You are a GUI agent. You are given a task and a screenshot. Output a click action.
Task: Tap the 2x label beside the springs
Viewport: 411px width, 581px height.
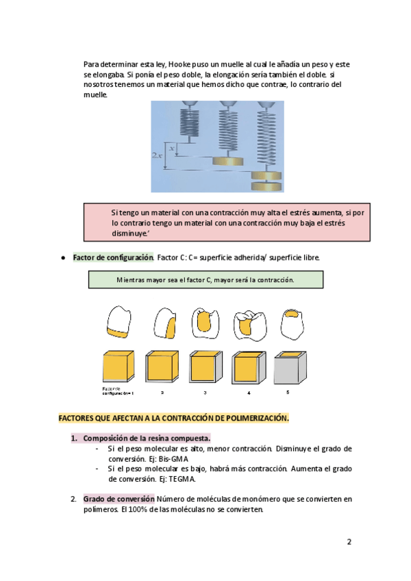tap(157, 156)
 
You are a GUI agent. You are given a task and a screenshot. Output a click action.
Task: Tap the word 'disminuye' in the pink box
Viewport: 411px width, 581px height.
tap(132, 232)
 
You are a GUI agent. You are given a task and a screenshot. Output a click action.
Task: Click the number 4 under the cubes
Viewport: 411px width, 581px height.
tap(248, 393)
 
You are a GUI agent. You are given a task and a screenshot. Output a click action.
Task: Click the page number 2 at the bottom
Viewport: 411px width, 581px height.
tap(349, 542)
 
